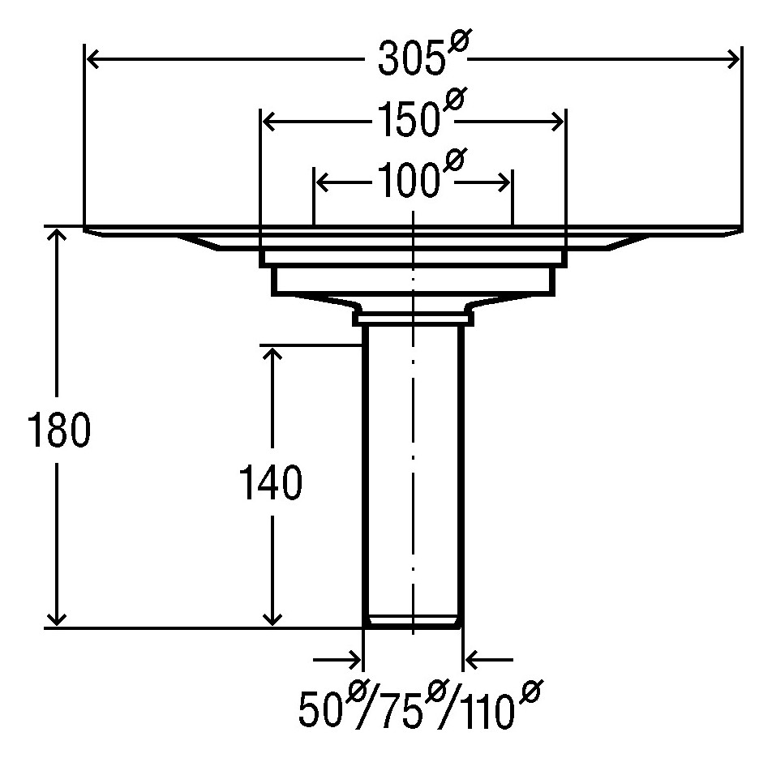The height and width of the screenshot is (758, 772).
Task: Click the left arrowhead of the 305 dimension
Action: [94, 59]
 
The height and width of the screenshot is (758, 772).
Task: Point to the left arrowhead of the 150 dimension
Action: [271, 122]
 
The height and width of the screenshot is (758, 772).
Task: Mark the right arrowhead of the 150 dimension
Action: [555, 122]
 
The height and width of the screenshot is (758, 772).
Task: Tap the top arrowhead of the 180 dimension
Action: [57, 236]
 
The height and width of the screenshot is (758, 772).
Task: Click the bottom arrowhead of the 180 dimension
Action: [57, 617]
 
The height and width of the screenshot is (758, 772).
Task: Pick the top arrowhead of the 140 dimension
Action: [272, 355]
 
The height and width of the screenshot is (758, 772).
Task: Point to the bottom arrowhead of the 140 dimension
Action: [272, 617]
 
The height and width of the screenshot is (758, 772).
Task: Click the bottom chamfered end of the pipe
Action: [413, 622]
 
